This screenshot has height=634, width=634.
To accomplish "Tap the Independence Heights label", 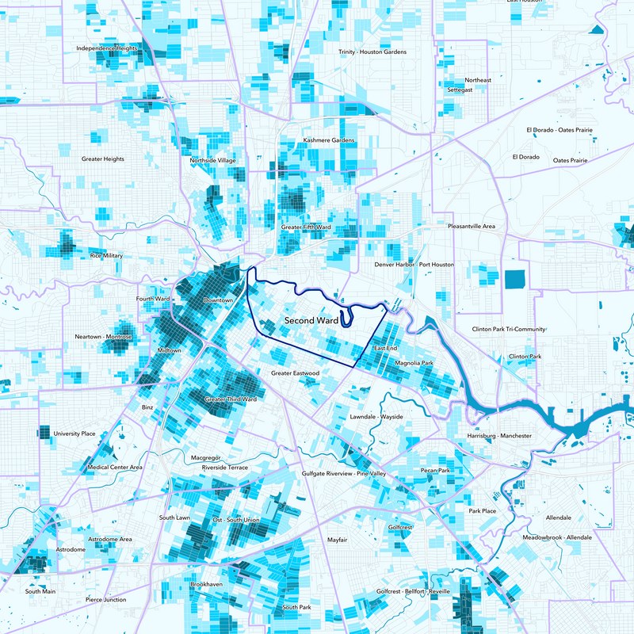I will click(107, 48).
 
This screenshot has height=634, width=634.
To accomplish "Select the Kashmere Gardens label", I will click(329, 141).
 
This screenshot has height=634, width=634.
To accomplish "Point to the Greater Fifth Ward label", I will click(306, 227).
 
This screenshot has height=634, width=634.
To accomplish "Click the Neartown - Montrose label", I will click(103, 337).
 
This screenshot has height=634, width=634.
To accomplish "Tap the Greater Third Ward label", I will click(231, 399).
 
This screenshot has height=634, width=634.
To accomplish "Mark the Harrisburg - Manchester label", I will click(499, 437).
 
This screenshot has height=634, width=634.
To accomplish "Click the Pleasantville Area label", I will click(472, 227).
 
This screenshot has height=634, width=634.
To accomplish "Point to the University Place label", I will click(74, 434).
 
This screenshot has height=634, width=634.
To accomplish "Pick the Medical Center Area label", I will click(115, 468).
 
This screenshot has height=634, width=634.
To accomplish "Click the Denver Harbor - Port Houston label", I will click(414, 264).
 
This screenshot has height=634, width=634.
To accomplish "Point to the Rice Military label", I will click(106, 256).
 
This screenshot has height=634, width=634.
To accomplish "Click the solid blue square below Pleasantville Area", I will click(515, 279).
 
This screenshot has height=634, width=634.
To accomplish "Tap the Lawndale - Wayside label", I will click(376, 416).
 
